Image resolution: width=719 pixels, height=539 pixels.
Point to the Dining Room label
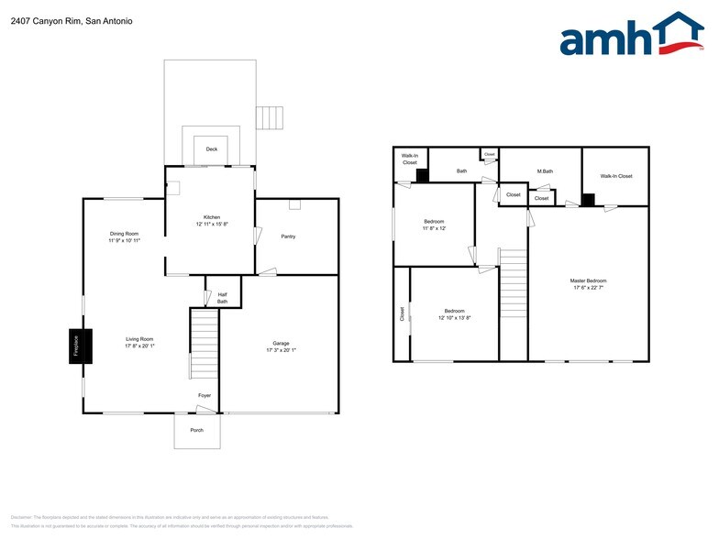(124, 236)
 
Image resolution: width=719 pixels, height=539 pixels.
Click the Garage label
(281, 346)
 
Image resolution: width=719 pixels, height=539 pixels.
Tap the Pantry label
(288, 236)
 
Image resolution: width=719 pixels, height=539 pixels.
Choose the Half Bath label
(222, 297)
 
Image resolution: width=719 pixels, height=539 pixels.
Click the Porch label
(197, 430)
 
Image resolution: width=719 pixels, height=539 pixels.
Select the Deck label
(211, 148)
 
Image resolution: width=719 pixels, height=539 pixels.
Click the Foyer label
(205, 395)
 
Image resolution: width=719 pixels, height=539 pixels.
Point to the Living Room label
(139, 342)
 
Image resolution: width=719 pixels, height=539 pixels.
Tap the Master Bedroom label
(588, 284)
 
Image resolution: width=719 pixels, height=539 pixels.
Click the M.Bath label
(545, 171)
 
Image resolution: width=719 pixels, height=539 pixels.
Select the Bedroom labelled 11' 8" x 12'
(434, 225)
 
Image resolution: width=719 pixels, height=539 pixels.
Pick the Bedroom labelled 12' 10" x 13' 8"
(455, 314)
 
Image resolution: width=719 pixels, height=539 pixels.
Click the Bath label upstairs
(462, 170)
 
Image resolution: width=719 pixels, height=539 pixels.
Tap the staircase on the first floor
(204, 344)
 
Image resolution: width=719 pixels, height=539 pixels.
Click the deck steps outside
(266, 118)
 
